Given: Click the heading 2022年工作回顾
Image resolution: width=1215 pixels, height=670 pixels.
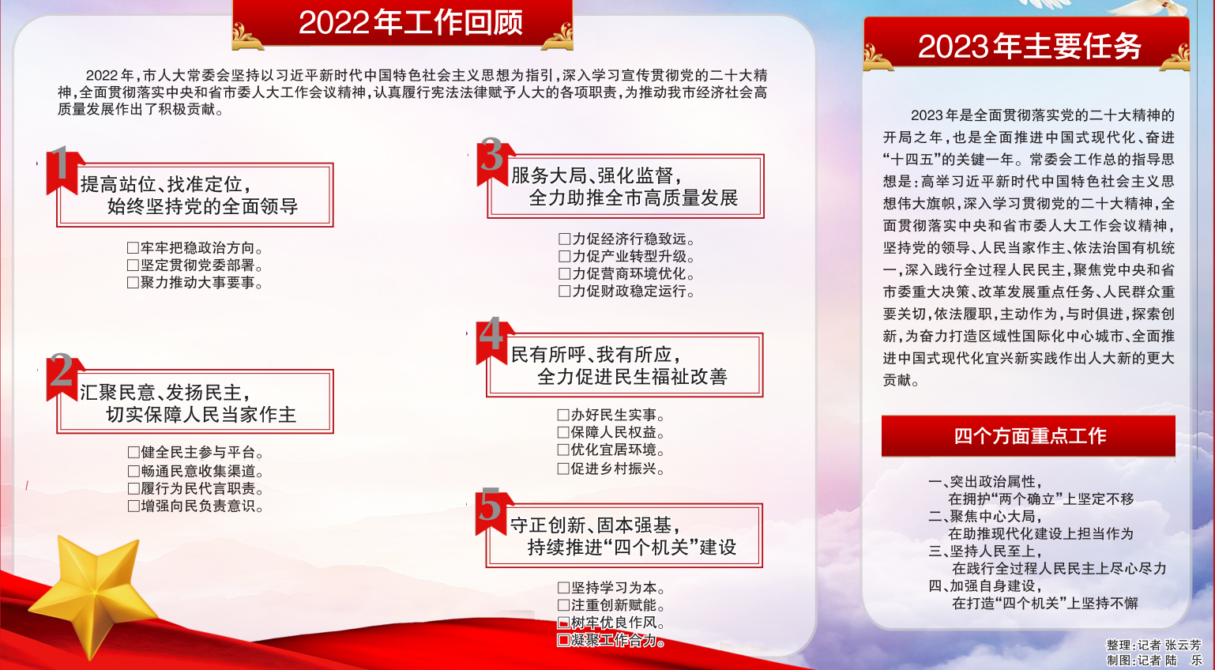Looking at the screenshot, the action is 411,23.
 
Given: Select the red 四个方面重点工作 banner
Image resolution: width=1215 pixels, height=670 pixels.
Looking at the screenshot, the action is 1029,435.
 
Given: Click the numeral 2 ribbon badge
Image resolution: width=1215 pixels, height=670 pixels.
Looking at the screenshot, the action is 63,375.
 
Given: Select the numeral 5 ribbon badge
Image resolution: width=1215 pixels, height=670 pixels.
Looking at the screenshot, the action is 492,510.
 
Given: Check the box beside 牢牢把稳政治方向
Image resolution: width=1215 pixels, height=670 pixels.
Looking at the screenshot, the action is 133,248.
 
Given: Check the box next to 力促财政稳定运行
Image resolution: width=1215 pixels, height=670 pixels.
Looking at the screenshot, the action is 565,292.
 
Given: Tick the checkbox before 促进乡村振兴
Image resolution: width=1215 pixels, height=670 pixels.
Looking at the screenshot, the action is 563,469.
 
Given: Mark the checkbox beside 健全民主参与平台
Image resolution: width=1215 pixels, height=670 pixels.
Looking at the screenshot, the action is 134,453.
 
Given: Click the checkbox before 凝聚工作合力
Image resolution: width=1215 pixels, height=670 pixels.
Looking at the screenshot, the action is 563,640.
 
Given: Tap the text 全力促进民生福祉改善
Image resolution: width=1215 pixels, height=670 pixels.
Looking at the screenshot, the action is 632,377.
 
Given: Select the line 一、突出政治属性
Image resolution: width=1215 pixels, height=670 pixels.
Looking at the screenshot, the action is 985,482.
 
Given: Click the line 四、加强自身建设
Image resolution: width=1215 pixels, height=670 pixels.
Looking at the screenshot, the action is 985,586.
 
